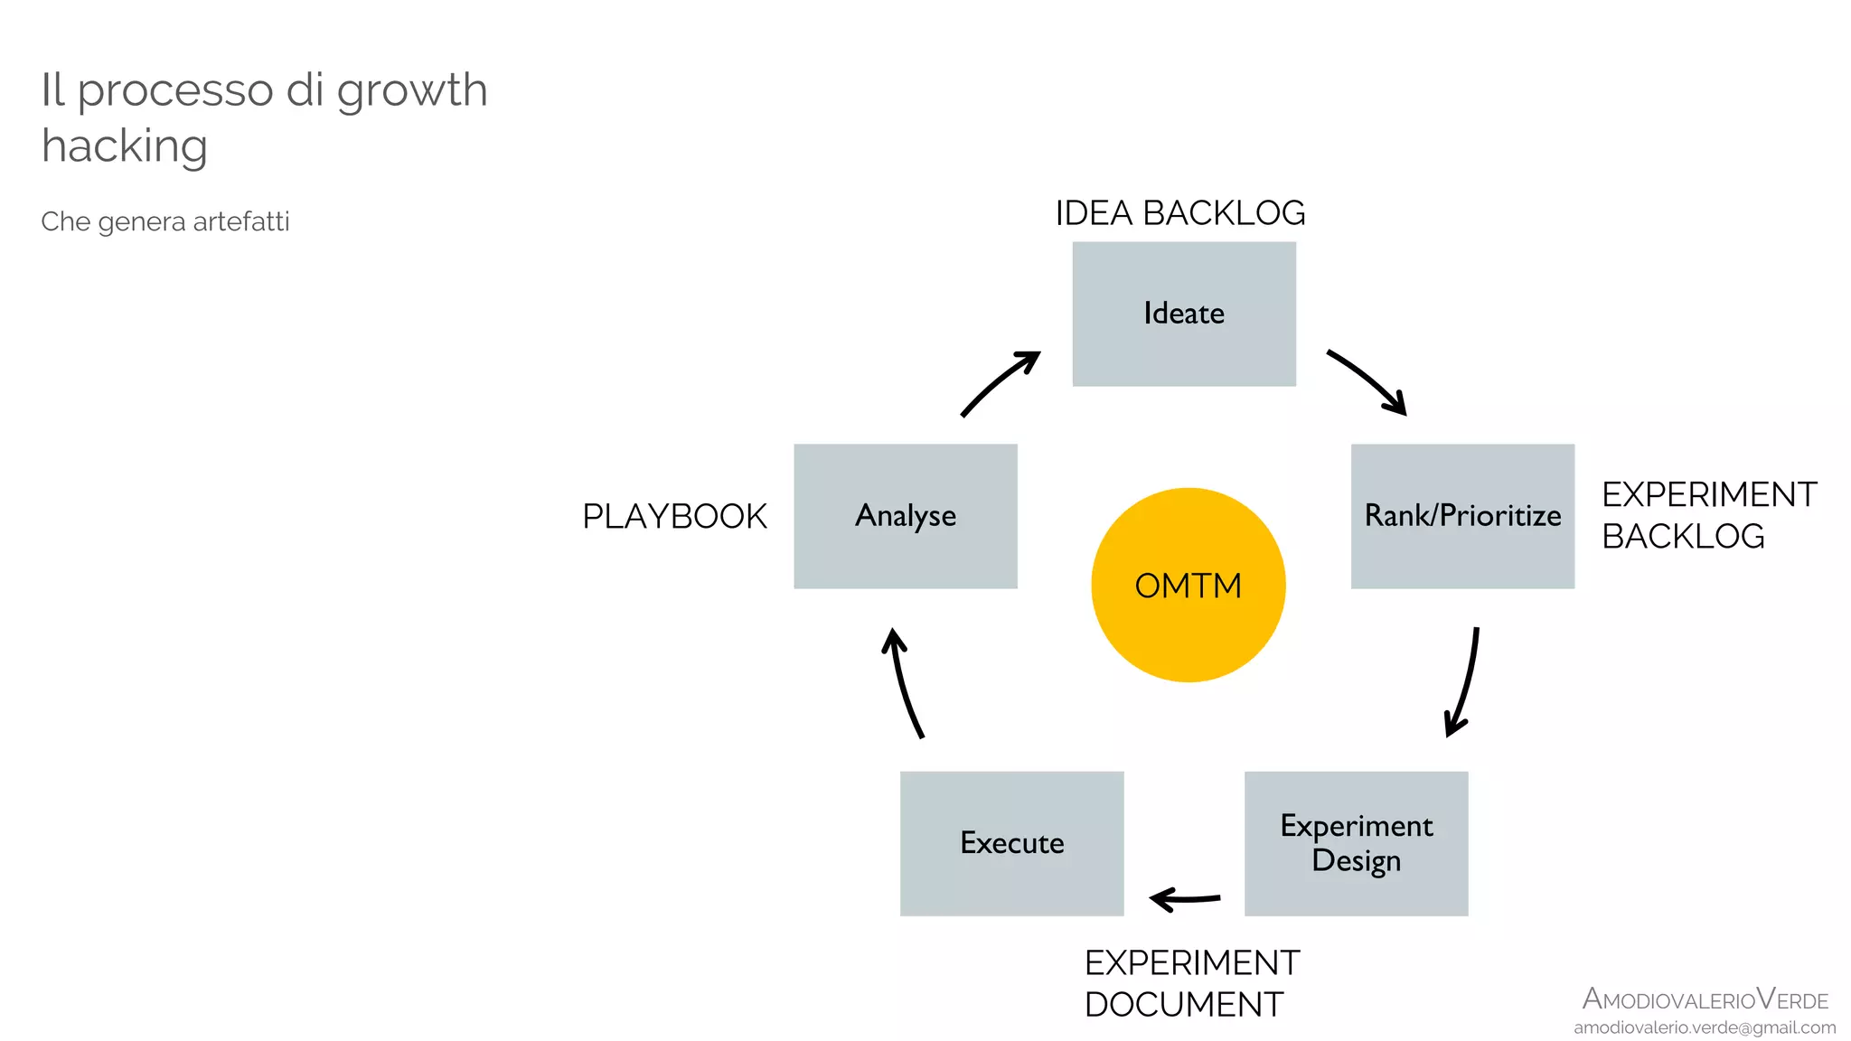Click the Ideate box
1184,314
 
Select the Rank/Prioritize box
1462,516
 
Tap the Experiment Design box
1356,843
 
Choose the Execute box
1011,843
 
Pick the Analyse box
905,516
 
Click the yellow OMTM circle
1189,586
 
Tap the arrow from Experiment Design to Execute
1185,899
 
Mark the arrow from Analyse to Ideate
999,383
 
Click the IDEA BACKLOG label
1180,213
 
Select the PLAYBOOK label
674,517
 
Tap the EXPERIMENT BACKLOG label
1708,515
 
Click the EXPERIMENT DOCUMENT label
1191,983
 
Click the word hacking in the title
125,145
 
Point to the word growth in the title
412,90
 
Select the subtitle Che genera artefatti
165,221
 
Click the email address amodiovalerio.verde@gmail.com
1705,1027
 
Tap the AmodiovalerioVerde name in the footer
1705,999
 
